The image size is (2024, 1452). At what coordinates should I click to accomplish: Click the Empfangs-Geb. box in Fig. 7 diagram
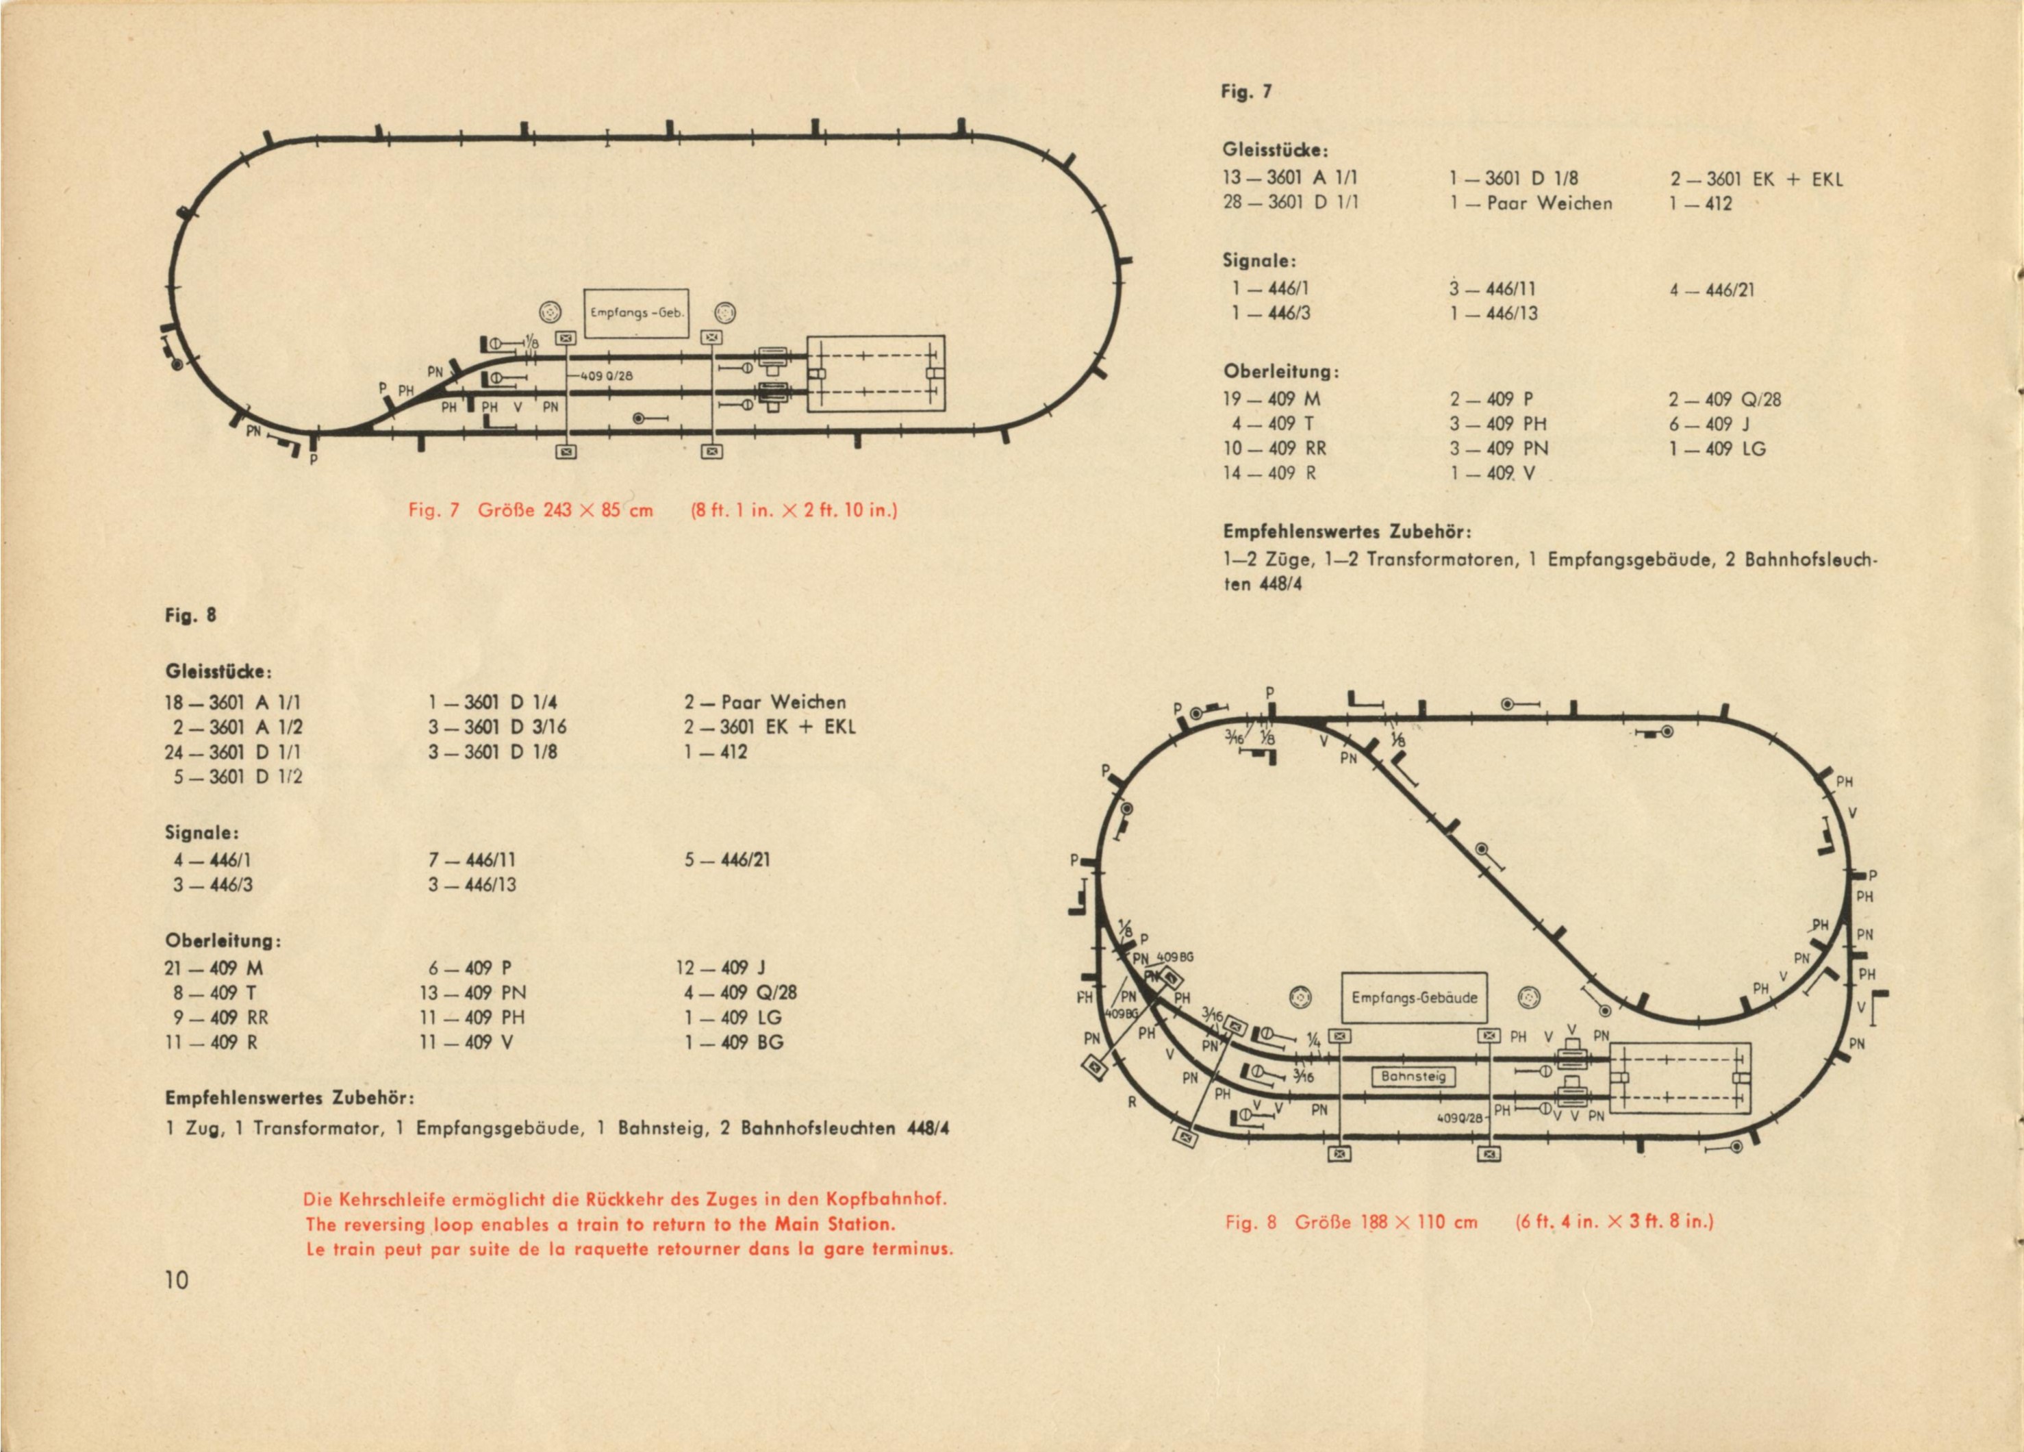(x=636, y=313)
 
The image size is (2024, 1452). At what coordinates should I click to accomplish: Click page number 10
(x=177, y=1281)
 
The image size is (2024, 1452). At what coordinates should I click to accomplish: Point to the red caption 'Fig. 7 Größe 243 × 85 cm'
(x=531, y=510)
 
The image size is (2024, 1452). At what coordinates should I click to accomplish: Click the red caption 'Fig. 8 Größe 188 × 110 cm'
(x=1351, y=1222)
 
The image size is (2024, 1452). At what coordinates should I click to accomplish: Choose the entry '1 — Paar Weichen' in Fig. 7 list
(x=1530, y=203)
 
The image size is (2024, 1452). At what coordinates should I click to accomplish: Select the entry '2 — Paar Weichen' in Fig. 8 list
(x=765, y=702)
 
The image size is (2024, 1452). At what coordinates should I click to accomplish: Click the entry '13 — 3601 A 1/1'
(x=1291, y=179)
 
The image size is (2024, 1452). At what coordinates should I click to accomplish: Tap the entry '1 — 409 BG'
(x=733, y=1042)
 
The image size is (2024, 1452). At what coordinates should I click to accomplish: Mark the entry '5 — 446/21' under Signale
(x=726, y=860)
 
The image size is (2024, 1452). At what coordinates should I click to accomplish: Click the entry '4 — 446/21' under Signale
(x=1712, y=290)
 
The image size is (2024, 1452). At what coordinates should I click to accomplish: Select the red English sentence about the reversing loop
(x=600, y=1225)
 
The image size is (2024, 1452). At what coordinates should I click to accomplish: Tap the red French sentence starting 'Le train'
(x=629, y=1249)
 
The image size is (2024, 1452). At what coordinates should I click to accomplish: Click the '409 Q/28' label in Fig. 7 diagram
(x=606, y=376)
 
